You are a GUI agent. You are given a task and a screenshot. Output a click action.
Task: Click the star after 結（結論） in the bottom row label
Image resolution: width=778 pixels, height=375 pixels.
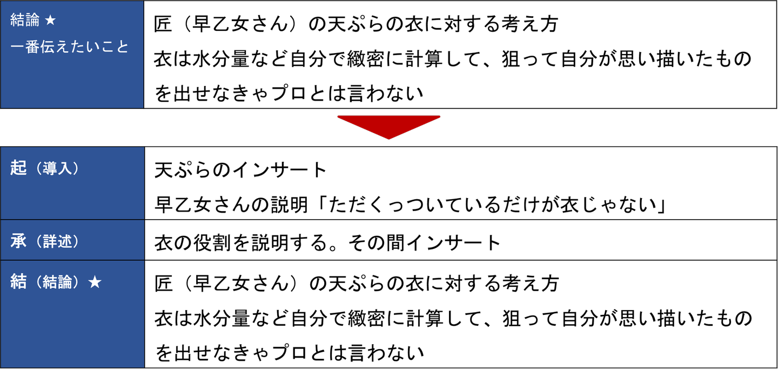pos(95,282)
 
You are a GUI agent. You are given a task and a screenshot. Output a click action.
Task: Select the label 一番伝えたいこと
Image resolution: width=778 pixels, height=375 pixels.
pos(70,47)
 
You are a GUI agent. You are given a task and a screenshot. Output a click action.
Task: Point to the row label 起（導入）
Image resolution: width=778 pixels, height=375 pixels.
pos(45,169)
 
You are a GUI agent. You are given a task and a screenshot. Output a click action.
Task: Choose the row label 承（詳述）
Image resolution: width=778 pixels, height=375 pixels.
pos(45,241)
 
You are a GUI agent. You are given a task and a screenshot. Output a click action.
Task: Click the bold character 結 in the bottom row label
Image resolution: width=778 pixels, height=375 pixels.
pos(18,282)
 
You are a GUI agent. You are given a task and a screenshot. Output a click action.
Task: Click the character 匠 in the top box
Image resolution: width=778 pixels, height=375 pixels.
pos(164,24)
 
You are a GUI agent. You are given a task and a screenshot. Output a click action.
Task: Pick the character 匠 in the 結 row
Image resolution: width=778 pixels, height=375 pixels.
pos(164,282)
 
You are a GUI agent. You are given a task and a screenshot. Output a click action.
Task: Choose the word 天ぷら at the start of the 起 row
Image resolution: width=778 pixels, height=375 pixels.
pos(182,170)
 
